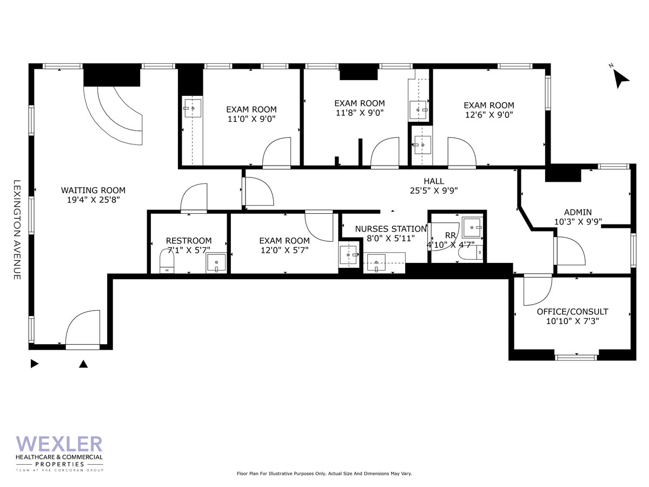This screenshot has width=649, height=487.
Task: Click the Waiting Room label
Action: coord(93,190)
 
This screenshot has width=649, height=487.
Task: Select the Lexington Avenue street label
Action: coord(17,229)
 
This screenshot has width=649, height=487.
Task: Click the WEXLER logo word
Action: coord(59,444)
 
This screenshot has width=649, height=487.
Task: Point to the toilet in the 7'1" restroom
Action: coord(167,262)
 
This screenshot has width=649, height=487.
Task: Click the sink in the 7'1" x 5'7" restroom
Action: coord(216,262)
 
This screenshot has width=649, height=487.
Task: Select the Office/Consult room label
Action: coord(572,312)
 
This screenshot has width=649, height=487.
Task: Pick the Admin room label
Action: coord(578,212)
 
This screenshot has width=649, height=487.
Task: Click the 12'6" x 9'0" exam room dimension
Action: coord(489,115)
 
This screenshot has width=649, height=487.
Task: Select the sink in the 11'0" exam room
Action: coord(192,108)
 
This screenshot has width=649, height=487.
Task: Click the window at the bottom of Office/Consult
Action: coord(576,357)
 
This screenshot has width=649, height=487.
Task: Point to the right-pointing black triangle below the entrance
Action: coord(35,364)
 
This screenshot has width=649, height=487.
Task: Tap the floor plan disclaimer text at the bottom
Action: coord(325,473)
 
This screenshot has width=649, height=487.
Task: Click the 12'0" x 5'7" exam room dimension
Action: coord(284,250)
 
